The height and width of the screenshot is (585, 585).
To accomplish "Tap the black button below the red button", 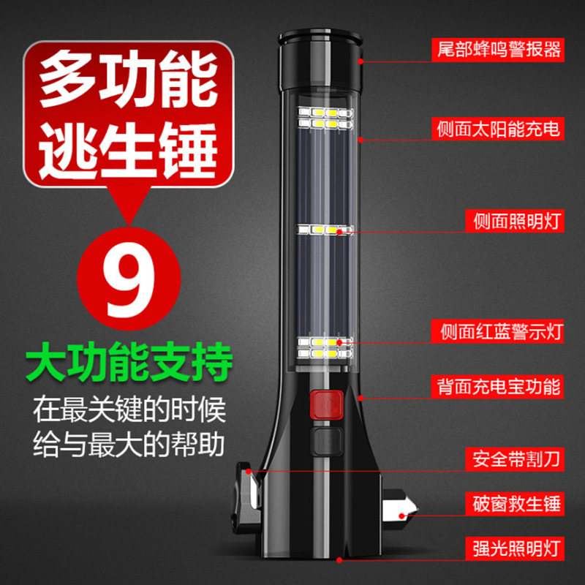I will point(322,442).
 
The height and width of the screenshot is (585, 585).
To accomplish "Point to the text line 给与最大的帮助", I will point(130,442).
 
